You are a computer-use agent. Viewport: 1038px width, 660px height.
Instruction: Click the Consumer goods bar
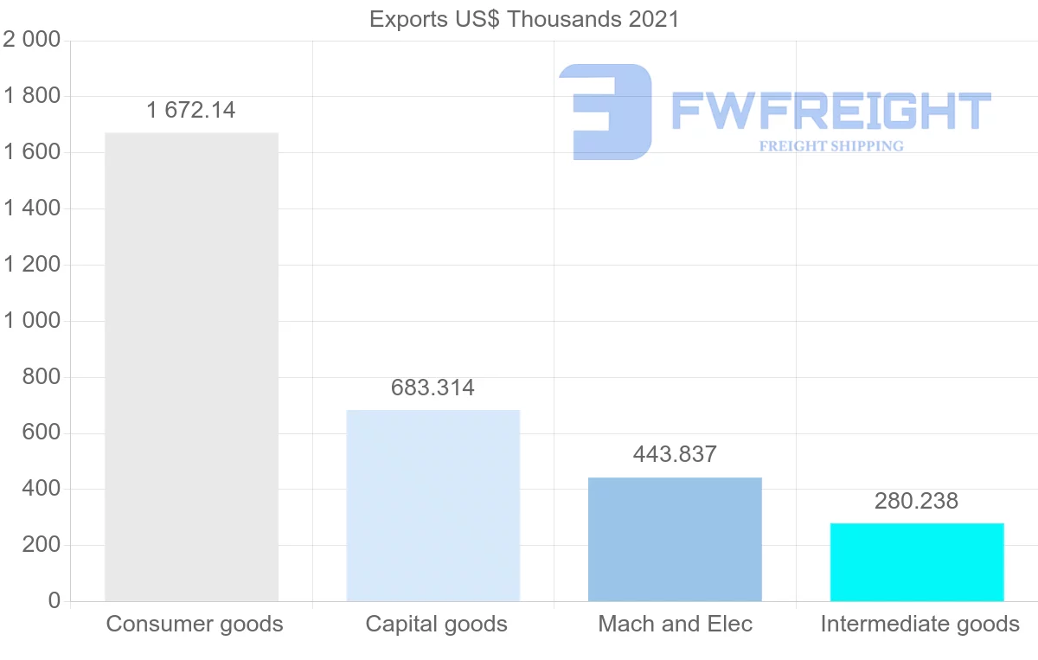click(191, 367)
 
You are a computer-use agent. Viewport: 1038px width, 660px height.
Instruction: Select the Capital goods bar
click(432, 505)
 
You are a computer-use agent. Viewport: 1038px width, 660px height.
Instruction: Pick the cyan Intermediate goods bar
click(917, 561)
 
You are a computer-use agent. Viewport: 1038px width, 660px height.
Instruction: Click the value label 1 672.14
click(191, 111)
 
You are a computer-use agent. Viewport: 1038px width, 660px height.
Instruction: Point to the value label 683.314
click(432, 388)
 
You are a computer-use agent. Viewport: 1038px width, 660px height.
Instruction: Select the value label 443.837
click(675, 454)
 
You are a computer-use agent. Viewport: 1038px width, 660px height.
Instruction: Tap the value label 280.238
click(917, 501)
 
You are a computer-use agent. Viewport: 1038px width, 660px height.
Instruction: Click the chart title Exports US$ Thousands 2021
click(524, 19)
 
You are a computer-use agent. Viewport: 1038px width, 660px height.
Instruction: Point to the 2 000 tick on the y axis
click(32, 40)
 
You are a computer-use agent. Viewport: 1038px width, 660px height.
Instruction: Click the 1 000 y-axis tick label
click(32, 321)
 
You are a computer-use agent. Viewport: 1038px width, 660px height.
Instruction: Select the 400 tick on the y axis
click(42, 490)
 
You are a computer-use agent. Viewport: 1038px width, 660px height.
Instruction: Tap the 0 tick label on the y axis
click(54, 601)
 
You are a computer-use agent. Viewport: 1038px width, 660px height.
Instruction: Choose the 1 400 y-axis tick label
click(32, 208)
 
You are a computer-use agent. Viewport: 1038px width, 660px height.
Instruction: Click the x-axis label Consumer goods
click(195, 624)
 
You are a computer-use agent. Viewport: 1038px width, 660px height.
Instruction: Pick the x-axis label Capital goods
click(437, 624)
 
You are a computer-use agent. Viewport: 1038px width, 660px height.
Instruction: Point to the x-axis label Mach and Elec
click(676, 624)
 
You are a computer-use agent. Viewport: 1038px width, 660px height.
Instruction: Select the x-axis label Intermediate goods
click(919, 624)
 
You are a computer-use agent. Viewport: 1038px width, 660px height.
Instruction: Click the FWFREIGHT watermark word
click(830, 110)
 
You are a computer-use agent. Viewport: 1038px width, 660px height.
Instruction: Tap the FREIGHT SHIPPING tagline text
click(831, 146)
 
